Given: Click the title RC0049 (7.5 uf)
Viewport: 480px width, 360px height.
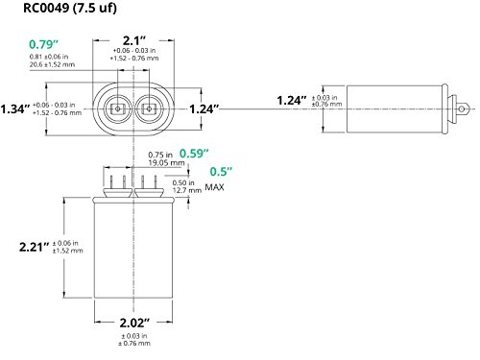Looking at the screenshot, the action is click(x=70, y=8).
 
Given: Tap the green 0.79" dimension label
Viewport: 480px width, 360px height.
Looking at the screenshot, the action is click(x=44, y=44).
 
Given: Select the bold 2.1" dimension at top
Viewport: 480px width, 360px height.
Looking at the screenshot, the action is click(x=134, y=40).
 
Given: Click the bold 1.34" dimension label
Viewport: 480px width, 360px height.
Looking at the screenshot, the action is click(x=15, y=109).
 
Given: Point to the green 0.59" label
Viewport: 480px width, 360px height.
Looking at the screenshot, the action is click(x=194, y=154).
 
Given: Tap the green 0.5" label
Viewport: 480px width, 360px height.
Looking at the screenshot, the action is click(x=221, y=172).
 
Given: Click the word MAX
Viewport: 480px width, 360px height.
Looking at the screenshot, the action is click(x=214, y=187).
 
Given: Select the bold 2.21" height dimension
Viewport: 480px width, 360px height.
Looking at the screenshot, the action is click(x=35, y=247).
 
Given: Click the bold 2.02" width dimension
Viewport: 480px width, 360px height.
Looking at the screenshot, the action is click(x=134, y=323).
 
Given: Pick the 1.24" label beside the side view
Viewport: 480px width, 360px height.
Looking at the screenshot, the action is click(x=292, y=101).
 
